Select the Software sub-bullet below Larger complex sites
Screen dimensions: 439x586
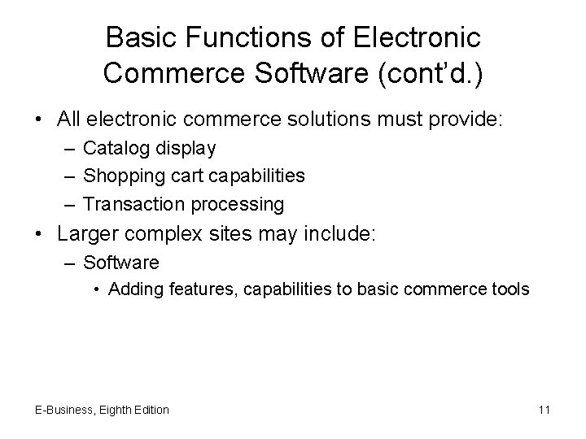point(121,263)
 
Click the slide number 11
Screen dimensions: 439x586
point(544,410)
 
